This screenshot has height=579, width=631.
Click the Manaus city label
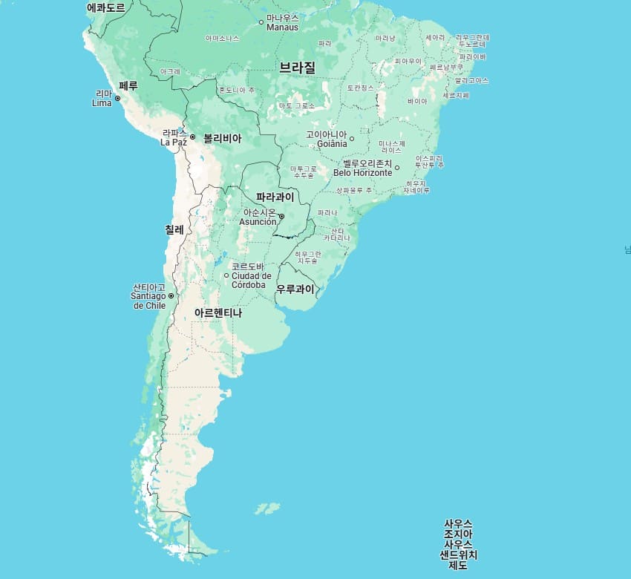[282, 22]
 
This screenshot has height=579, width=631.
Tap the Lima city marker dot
[117, 98]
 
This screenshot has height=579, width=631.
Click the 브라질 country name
[297, 67]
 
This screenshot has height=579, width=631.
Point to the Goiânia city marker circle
[352, 139]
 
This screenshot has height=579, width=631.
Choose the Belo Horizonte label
[362, 168]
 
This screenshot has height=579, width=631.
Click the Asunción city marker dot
[281, 217]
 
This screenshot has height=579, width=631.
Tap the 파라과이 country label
[275, 197]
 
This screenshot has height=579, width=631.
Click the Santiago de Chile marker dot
[171, 296]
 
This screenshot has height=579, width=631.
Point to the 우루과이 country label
[295, 289]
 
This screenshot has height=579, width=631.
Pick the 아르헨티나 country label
[218, 313]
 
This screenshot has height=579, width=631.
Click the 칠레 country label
[174, 229]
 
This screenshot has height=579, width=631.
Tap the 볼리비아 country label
[222, 138]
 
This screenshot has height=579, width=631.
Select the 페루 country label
[128, 85]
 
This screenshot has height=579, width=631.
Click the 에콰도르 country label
[105, 7]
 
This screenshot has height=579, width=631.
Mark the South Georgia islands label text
[458, 544]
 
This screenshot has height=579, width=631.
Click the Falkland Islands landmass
[268, 508]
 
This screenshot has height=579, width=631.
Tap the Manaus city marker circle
[261, 22]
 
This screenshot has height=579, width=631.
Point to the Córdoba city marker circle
[226, 275]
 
